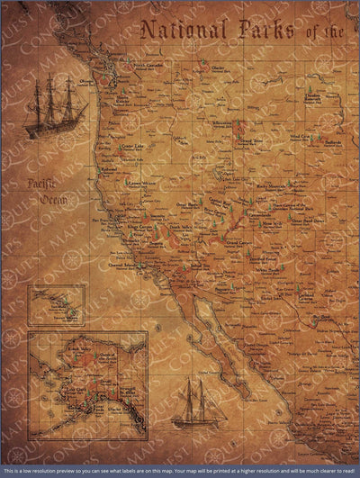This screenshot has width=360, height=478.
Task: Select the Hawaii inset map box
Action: (x=57, y=305)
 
